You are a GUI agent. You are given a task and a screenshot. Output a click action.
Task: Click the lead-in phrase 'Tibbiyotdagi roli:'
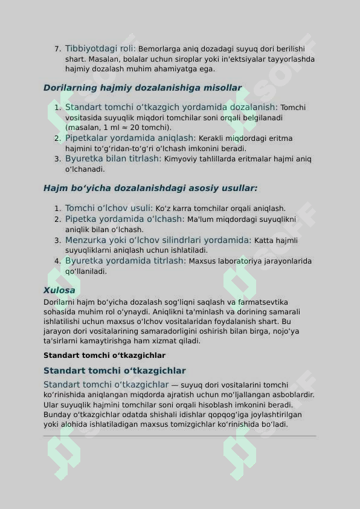click(x=100, y=48)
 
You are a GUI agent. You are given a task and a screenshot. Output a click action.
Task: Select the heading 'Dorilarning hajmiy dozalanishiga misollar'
click(x=142, y=88)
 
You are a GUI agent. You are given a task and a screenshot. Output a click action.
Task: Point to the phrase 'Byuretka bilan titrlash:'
click(x=113, y=158)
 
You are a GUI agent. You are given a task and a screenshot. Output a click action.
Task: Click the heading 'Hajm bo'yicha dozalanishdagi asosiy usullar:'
click(x=150, y=188)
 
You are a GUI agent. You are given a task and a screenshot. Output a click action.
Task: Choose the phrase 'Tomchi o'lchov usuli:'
click(x=109, y=208)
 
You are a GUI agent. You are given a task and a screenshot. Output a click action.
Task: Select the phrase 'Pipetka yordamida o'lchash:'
click(x=124, y=219)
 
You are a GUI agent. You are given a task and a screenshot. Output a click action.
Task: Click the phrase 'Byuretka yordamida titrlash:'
click(x=125, y=261)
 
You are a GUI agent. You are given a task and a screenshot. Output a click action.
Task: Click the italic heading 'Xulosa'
click(x=59, y=290)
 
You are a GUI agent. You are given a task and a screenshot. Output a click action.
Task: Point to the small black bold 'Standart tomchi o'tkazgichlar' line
click(x=104, y=355)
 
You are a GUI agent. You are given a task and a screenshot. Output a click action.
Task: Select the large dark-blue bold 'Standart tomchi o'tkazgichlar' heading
click(x=114, y=371)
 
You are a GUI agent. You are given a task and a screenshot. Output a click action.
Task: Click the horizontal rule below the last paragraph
click(x=179, y=436)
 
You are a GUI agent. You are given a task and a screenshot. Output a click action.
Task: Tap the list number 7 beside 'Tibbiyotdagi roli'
click(x=57, y=49)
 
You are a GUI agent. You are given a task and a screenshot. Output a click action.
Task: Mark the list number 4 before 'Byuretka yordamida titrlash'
click(x=57, y=262)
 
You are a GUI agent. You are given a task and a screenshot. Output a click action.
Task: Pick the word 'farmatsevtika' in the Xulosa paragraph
click(x=245, y=302)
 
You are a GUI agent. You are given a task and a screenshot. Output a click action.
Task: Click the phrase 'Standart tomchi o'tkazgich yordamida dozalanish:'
click(x=172, y=107)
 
